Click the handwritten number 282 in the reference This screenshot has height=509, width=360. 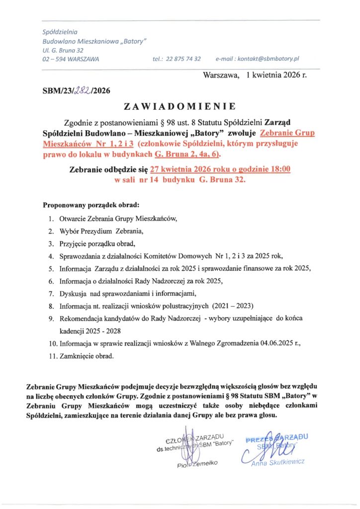point(82,90)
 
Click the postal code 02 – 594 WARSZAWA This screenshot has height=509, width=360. point(71,59)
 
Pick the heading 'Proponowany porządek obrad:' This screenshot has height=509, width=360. point(91,205)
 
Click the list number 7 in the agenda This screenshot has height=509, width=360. point(51,292)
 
